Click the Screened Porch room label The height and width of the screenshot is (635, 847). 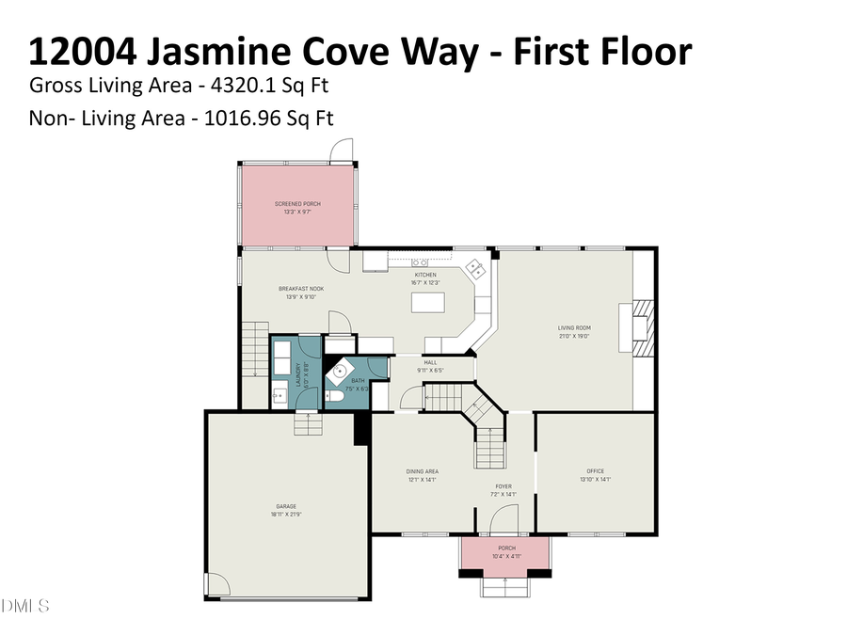point(297,207)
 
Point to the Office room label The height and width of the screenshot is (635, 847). point(595,475)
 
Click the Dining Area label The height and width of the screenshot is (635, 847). point(422,475)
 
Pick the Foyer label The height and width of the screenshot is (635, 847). point(503,489)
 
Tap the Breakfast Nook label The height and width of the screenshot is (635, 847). point(301,292)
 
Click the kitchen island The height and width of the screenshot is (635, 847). point(427,302)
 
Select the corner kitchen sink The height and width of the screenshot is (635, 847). point(476,268)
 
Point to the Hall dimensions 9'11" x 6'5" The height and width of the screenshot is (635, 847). point(430,371)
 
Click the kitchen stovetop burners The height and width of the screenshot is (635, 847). point(419,262)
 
